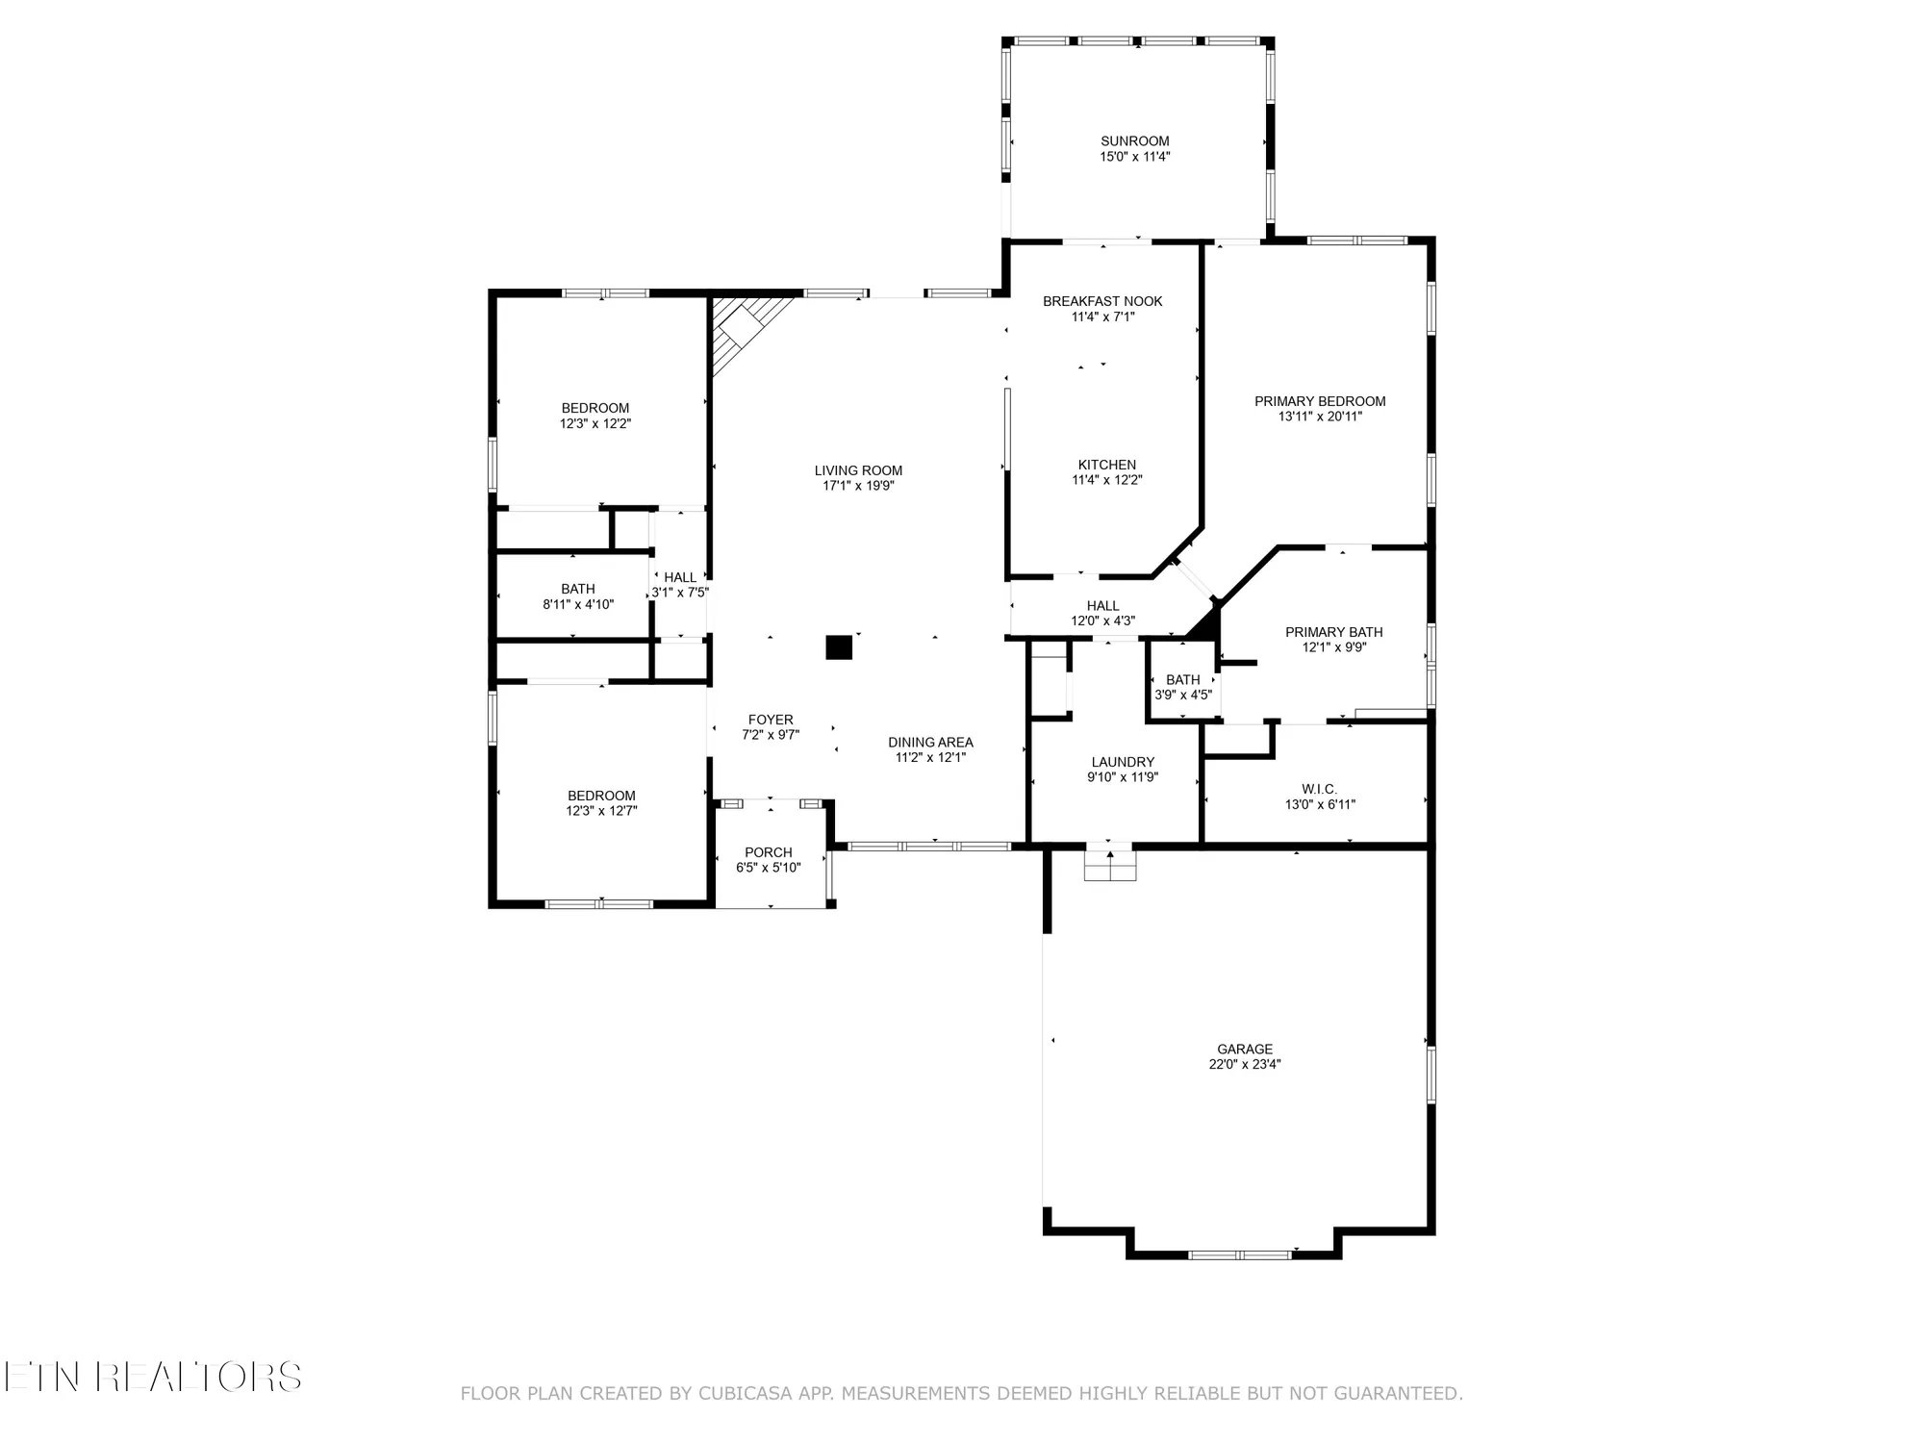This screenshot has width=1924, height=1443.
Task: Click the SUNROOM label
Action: click(x=1135, y=141)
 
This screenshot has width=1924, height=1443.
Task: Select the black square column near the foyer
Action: click(x=839, y=647)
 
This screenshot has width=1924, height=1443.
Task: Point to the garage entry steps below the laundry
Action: click(x=1110, y=864)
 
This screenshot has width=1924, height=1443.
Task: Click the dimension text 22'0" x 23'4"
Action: click(x=1245, y=1065)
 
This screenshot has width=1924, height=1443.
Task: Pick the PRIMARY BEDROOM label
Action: click(x=1320, y=401)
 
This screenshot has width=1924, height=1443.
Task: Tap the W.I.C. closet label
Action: click(x=1319, y=789)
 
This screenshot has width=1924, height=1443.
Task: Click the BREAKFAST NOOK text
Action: click(x=1102, y=301)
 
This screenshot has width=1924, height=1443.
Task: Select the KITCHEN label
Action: click(x=1106, y=465)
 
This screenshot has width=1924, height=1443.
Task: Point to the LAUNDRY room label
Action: click(x=1123, y=762)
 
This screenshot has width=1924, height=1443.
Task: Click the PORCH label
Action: click(x=769, y=852)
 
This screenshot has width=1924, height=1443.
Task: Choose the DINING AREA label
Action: click(x=930, y=743)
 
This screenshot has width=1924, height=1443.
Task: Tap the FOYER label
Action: click(x=771, y=720)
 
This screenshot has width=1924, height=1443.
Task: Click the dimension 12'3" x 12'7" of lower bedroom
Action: click(x=601, y=811)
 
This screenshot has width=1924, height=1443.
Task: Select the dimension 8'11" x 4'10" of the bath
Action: click(x=578, y=605)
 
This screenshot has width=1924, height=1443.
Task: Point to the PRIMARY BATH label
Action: click(x=1334, y=632)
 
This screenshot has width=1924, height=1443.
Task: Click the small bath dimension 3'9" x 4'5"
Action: click(x=1183, y=695)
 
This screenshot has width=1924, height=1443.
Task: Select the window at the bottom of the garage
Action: click(x=1240, y=1254)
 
